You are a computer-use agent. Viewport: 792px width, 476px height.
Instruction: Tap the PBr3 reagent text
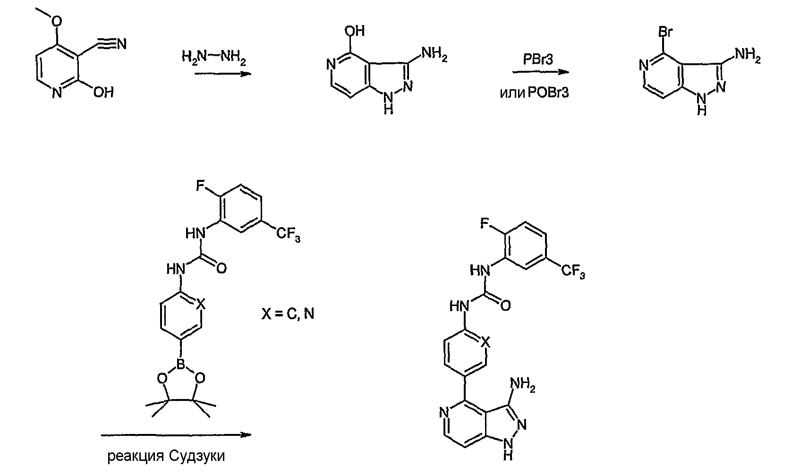pos(538,60)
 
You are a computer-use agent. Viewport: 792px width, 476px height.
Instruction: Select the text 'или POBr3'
pos(534,93)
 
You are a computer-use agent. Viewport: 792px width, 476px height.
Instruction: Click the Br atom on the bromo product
pos(665,32)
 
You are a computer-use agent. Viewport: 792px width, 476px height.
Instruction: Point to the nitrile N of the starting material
pos(122,44)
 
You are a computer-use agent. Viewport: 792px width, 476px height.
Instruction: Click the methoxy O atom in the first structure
pos(57,21)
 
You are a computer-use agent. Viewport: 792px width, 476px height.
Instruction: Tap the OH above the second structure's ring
pos(355,31)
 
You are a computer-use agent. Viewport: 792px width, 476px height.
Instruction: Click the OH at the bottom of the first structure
pos(103,93)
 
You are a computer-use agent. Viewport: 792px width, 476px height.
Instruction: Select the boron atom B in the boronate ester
pos(181,365)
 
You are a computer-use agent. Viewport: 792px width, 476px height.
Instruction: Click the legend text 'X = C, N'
pos(288,314)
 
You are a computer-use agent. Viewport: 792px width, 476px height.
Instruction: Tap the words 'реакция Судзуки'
pos(166,456)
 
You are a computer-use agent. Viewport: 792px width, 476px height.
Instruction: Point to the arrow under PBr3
pos(541,72)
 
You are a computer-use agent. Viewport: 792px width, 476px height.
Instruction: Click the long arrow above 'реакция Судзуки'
pos(176,435)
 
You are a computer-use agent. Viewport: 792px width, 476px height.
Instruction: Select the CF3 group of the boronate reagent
pos(288,235)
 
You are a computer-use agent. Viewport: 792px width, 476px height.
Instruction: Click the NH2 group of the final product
pos(523,385)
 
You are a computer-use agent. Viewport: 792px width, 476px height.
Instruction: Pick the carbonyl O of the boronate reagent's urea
pos(221,269)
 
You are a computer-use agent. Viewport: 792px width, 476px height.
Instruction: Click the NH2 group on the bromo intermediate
pos(748,56)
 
